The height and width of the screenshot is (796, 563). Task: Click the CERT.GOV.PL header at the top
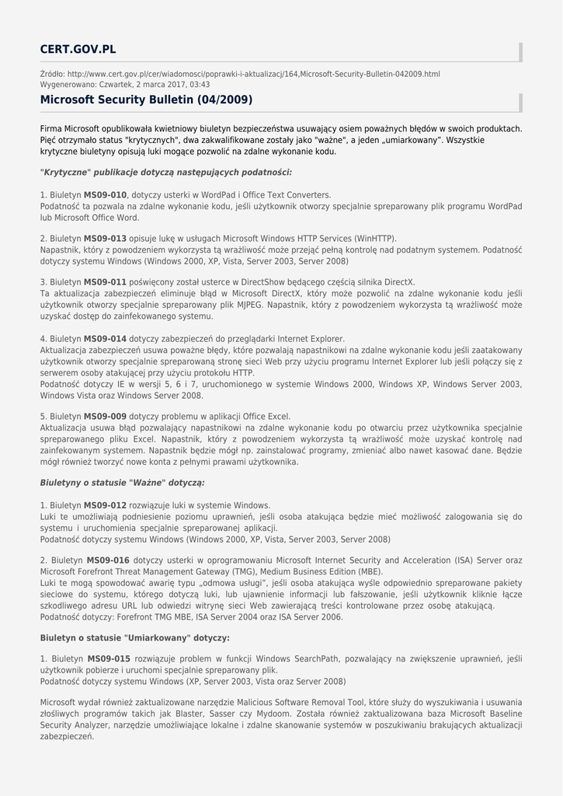click(78, 50)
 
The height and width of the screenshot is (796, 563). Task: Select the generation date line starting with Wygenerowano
click(124, 84)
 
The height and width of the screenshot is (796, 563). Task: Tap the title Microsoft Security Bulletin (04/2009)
click(146, 100)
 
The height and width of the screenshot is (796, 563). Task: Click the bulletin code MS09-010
click(105, 195)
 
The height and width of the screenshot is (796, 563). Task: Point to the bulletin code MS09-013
click(105, 239)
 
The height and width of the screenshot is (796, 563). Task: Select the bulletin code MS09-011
click(105, 282)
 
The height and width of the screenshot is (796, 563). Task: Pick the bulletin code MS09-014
click(105, 339)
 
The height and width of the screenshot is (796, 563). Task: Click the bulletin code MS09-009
click(105, 417)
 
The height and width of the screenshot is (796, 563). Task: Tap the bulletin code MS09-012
click(105, 505)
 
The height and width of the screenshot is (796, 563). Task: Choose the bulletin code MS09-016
click(108, 560)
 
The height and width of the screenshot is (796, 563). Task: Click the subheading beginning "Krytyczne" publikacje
click(165, 173)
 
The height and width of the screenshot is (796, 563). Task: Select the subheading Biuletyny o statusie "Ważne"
click(122, 483)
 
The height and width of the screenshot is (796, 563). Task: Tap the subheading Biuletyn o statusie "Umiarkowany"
click(134, 637)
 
